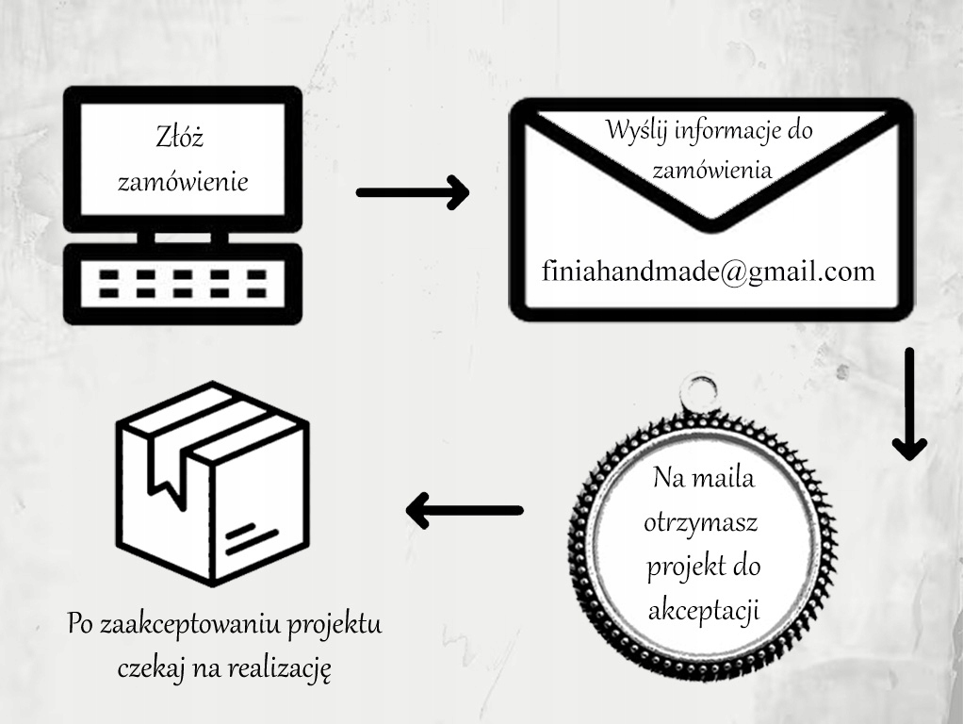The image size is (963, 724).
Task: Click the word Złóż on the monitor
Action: pyautogui.click(x=180, y=139)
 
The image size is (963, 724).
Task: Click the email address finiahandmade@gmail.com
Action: pyautogui.click(x=709, y=271)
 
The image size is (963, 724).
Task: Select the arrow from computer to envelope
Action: pyautogui.click(x=413, y=192)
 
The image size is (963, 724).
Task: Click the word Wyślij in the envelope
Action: pyautogui.click(x=634, y=130)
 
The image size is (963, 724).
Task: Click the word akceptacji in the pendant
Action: pyautogui.click(x=704, y=611)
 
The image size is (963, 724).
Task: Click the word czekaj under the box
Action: pyautogui.click(x=152, y=669)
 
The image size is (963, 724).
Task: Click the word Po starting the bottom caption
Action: pyautogui.click(x=79, y=624)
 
